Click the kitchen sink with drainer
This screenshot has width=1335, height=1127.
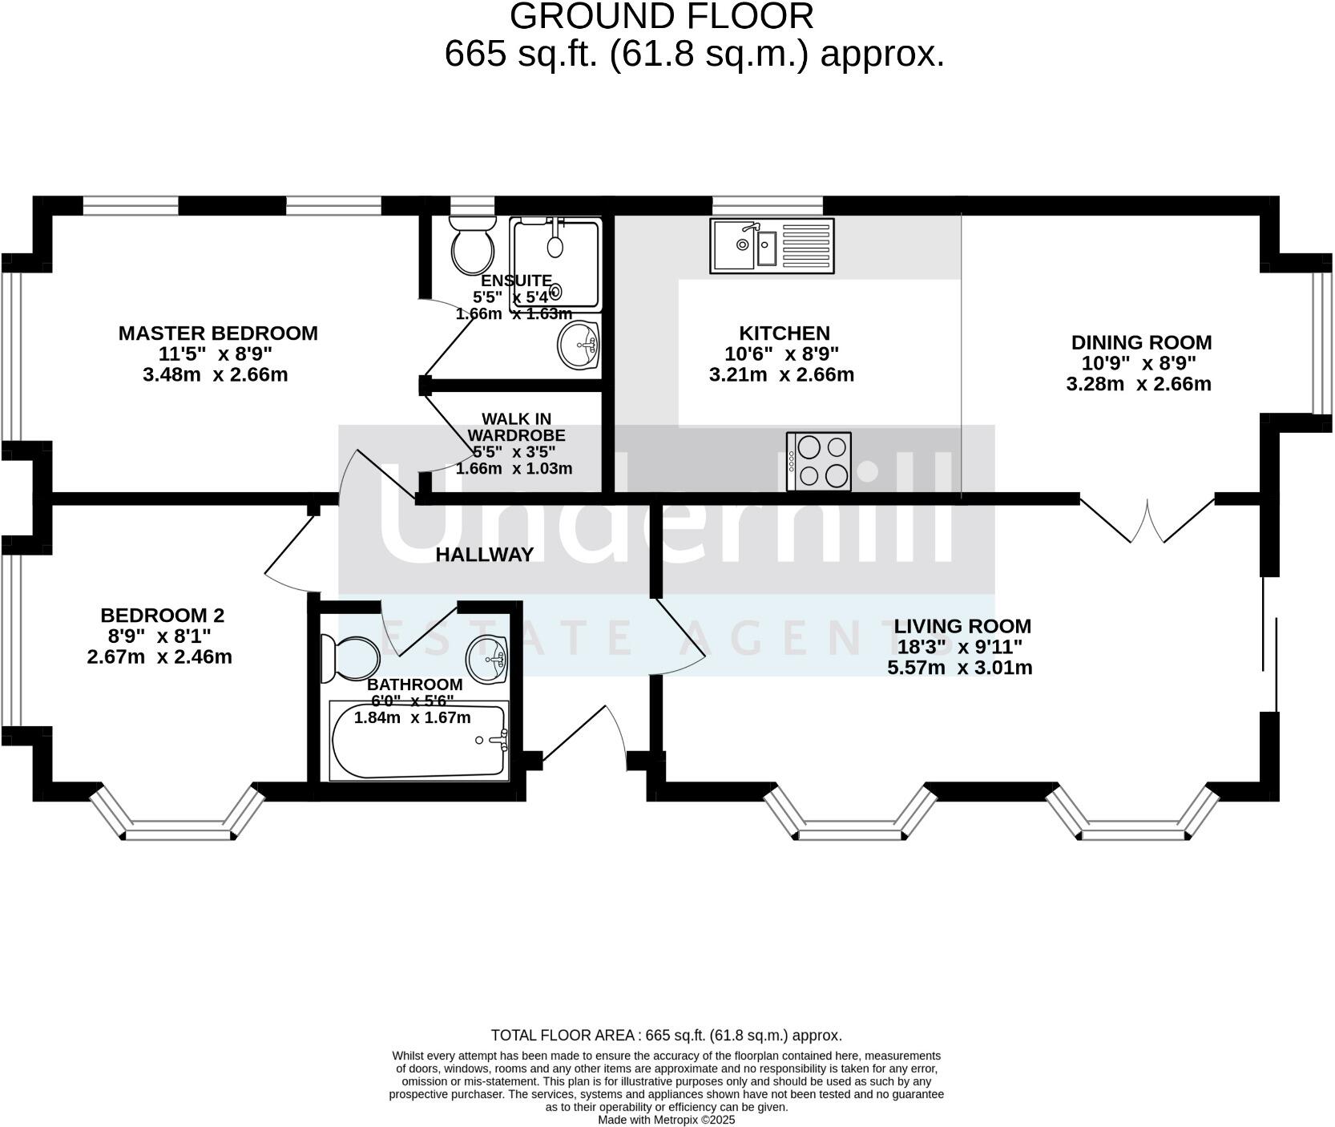[x=772, y=245]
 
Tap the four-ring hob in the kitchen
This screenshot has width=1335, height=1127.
[x=819, y=461]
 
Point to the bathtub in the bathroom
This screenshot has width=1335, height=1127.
[x=419, y=740]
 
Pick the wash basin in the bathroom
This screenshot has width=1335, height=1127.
[x=487, y=659]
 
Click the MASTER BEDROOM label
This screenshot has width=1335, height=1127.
[x=218, y=333]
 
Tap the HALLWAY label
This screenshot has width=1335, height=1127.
[x=484, y=555]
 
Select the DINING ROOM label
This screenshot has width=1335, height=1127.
[x=1141, y=343]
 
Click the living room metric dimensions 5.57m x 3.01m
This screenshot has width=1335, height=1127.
[x=959, y=668]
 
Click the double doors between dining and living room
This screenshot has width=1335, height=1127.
[x=1147, y=521]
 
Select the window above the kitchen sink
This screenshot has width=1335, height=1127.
[x=768, y=205]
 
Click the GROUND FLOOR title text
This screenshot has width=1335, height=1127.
[x=661, y=17]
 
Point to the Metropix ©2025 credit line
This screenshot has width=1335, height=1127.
[x=667, y=1120]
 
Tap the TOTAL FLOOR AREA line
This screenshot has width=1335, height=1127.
[x=666, y=1036]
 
